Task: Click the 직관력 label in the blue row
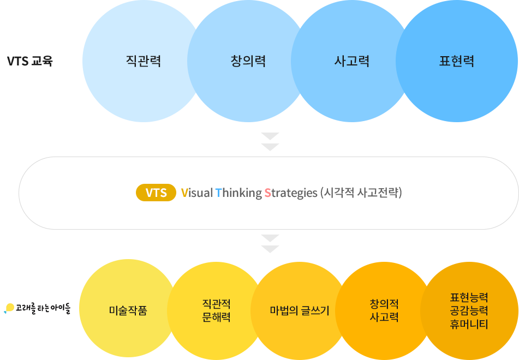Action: [x=143, y=61]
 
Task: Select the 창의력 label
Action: [x=248, y=61]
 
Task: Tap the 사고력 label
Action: [x=352, y=61]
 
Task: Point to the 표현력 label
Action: [x=457, y=61]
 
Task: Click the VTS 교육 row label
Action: [x=31, y=61]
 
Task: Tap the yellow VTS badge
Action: [x=156, y=193]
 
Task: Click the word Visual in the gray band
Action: [x=196, y=193]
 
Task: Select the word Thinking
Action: [x=238, y=193]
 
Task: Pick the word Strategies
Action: [x=290, y=193]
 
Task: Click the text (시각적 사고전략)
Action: [x=362, y=193]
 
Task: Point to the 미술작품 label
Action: [x=128, y=311]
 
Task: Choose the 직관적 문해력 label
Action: [x=216, y=310]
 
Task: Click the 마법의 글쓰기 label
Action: [x=300, y=311]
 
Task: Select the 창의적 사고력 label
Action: [x=384, y=310]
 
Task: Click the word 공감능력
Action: [x=469, y=311]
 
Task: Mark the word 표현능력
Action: [x=469, y=297]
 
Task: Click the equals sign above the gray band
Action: [x=270, y=141]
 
